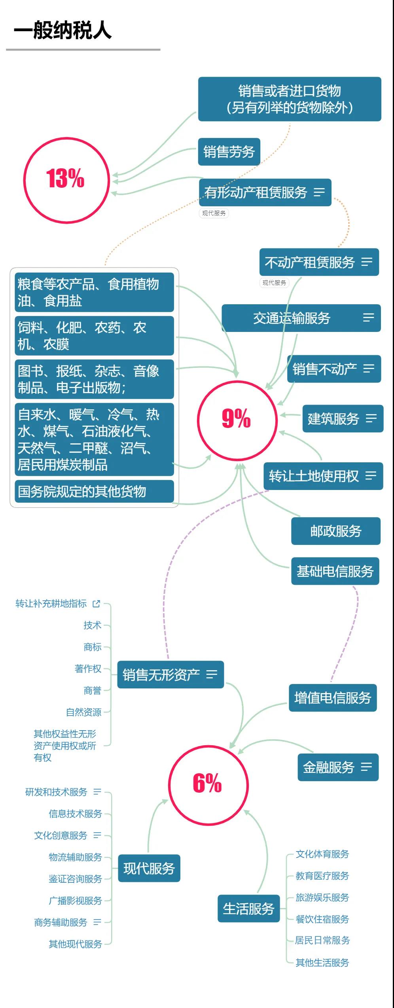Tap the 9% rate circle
click(x=198, y=420)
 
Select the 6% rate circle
click(x=170, y=785)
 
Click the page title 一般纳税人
click(x=63, y=30)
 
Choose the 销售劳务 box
click(x=229, y=152)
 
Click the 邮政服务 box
click(x=336, y=531)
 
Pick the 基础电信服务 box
click(x=335, y=571)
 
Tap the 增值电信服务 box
click(x=333, y=698)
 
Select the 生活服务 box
click(x=249, y=909)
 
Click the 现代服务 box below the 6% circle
click(x=149, y=868)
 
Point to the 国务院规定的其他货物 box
click(x=94, y=492)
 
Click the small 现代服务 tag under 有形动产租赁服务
click(x=214, y=213)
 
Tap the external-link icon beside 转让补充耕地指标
click(x=96, y=604)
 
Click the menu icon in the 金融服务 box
click(x=367, y=767)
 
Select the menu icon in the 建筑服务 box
click(x=371, y=418)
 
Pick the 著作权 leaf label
click(x=88, y=669)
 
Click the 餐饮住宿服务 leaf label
click(x=322, y=919)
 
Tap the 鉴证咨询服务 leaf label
click(x=75, y=879)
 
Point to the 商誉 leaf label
click(x=93, y=690)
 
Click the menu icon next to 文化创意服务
click(x=97, y=835)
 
